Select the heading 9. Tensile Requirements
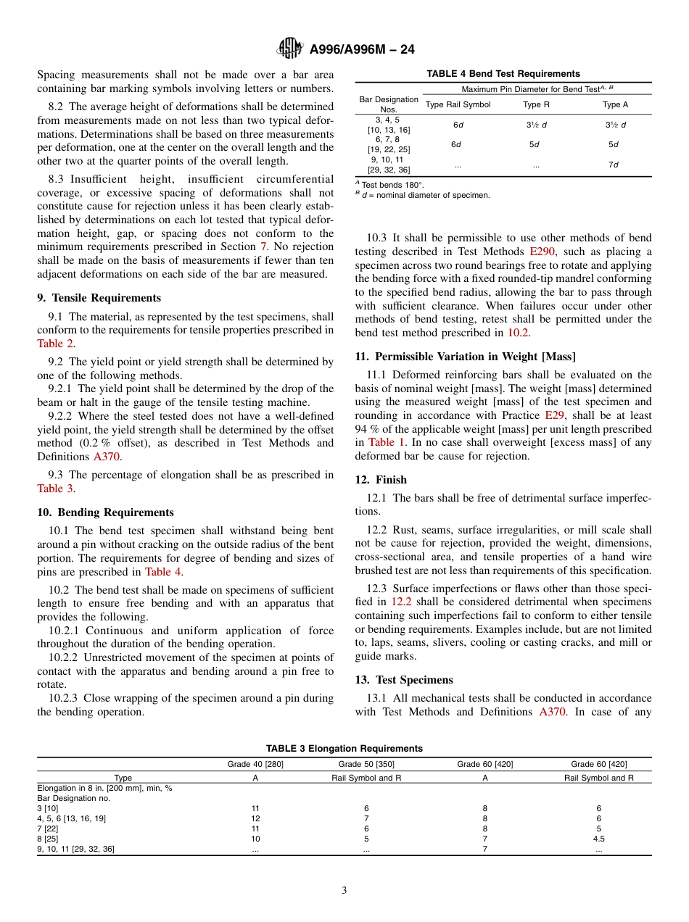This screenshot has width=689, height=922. (x=99, y=298)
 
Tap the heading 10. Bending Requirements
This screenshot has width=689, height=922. (x=105, y=512)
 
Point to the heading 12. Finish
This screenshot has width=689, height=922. (x=381, y=480)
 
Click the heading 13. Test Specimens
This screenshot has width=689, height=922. (x=404, y=680)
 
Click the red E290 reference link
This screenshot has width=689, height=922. (x=543, y=252)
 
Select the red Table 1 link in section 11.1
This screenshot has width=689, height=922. (x=381, y=442)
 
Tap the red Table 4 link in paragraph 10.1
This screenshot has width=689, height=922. (x=163, y=571)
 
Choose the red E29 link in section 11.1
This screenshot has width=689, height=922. (x=553, y=415)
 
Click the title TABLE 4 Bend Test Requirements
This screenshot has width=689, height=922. (x=503, y=74)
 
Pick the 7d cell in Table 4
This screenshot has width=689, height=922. (x=613, y=165)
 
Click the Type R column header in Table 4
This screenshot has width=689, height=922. (x=536, y=104)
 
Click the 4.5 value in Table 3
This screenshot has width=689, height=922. (x=598, y=839)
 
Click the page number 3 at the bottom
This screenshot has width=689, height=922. (x=344, y=891)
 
